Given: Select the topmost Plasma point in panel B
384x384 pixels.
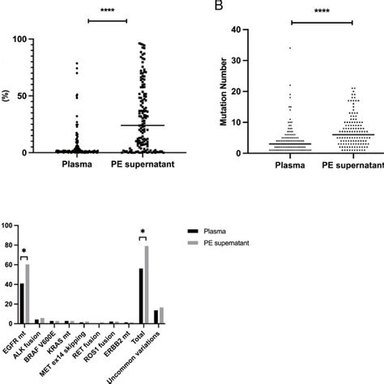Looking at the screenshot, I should coord(290,48).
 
